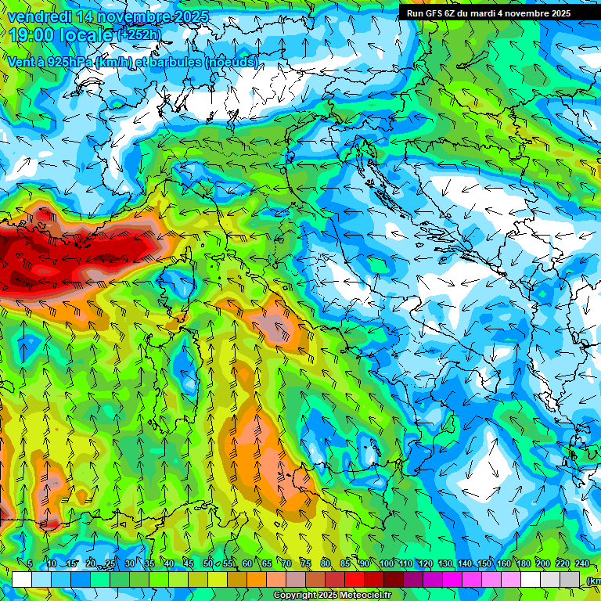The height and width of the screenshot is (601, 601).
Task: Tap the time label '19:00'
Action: (x=31, y=35)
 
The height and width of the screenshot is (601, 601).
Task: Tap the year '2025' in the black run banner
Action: (x=555, y=13)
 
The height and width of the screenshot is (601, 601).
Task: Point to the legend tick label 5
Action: (x=30, y=563)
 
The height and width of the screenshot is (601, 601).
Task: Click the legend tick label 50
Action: (x=207, y=563)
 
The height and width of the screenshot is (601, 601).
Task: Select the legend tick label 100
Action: (x=386, y=563)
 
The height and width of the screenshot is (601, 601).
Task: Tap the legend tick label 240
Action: (x=581, y=563)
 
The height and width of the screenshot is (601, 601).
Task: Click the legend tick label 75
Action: (x=306, y=563)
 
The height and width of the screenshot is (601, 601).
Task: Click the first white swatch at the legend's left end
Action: (x=21, y=579)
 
